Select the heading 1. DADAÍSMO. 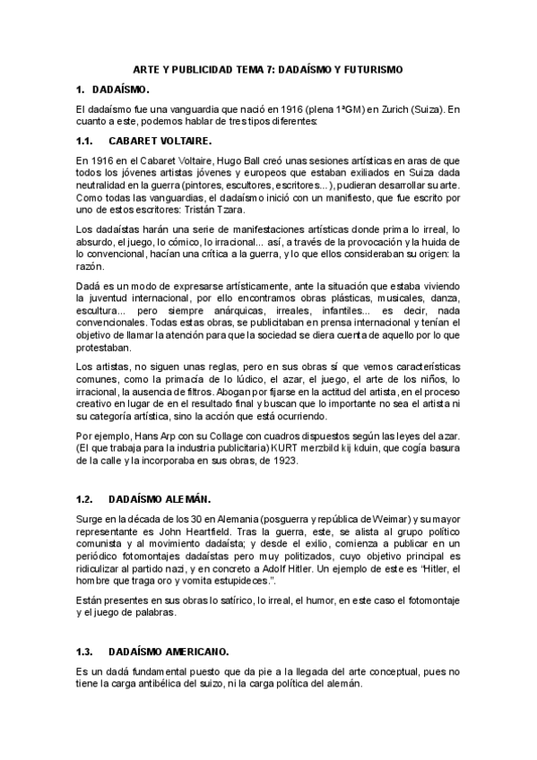[x=113, y=90]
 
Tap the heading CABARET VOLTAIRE [x=160, y=142]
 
